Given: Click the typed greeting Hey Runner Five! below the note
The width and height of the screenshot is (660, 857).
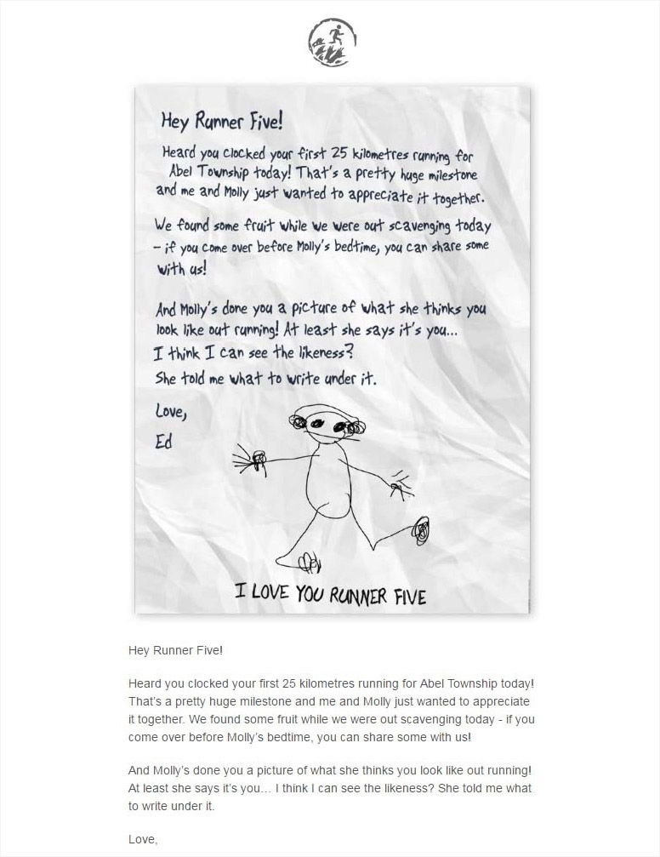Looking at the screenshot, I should click(175, 650).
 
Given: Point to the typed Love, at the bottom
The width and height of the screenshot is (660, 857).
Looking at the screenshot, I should click(142, 839).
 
